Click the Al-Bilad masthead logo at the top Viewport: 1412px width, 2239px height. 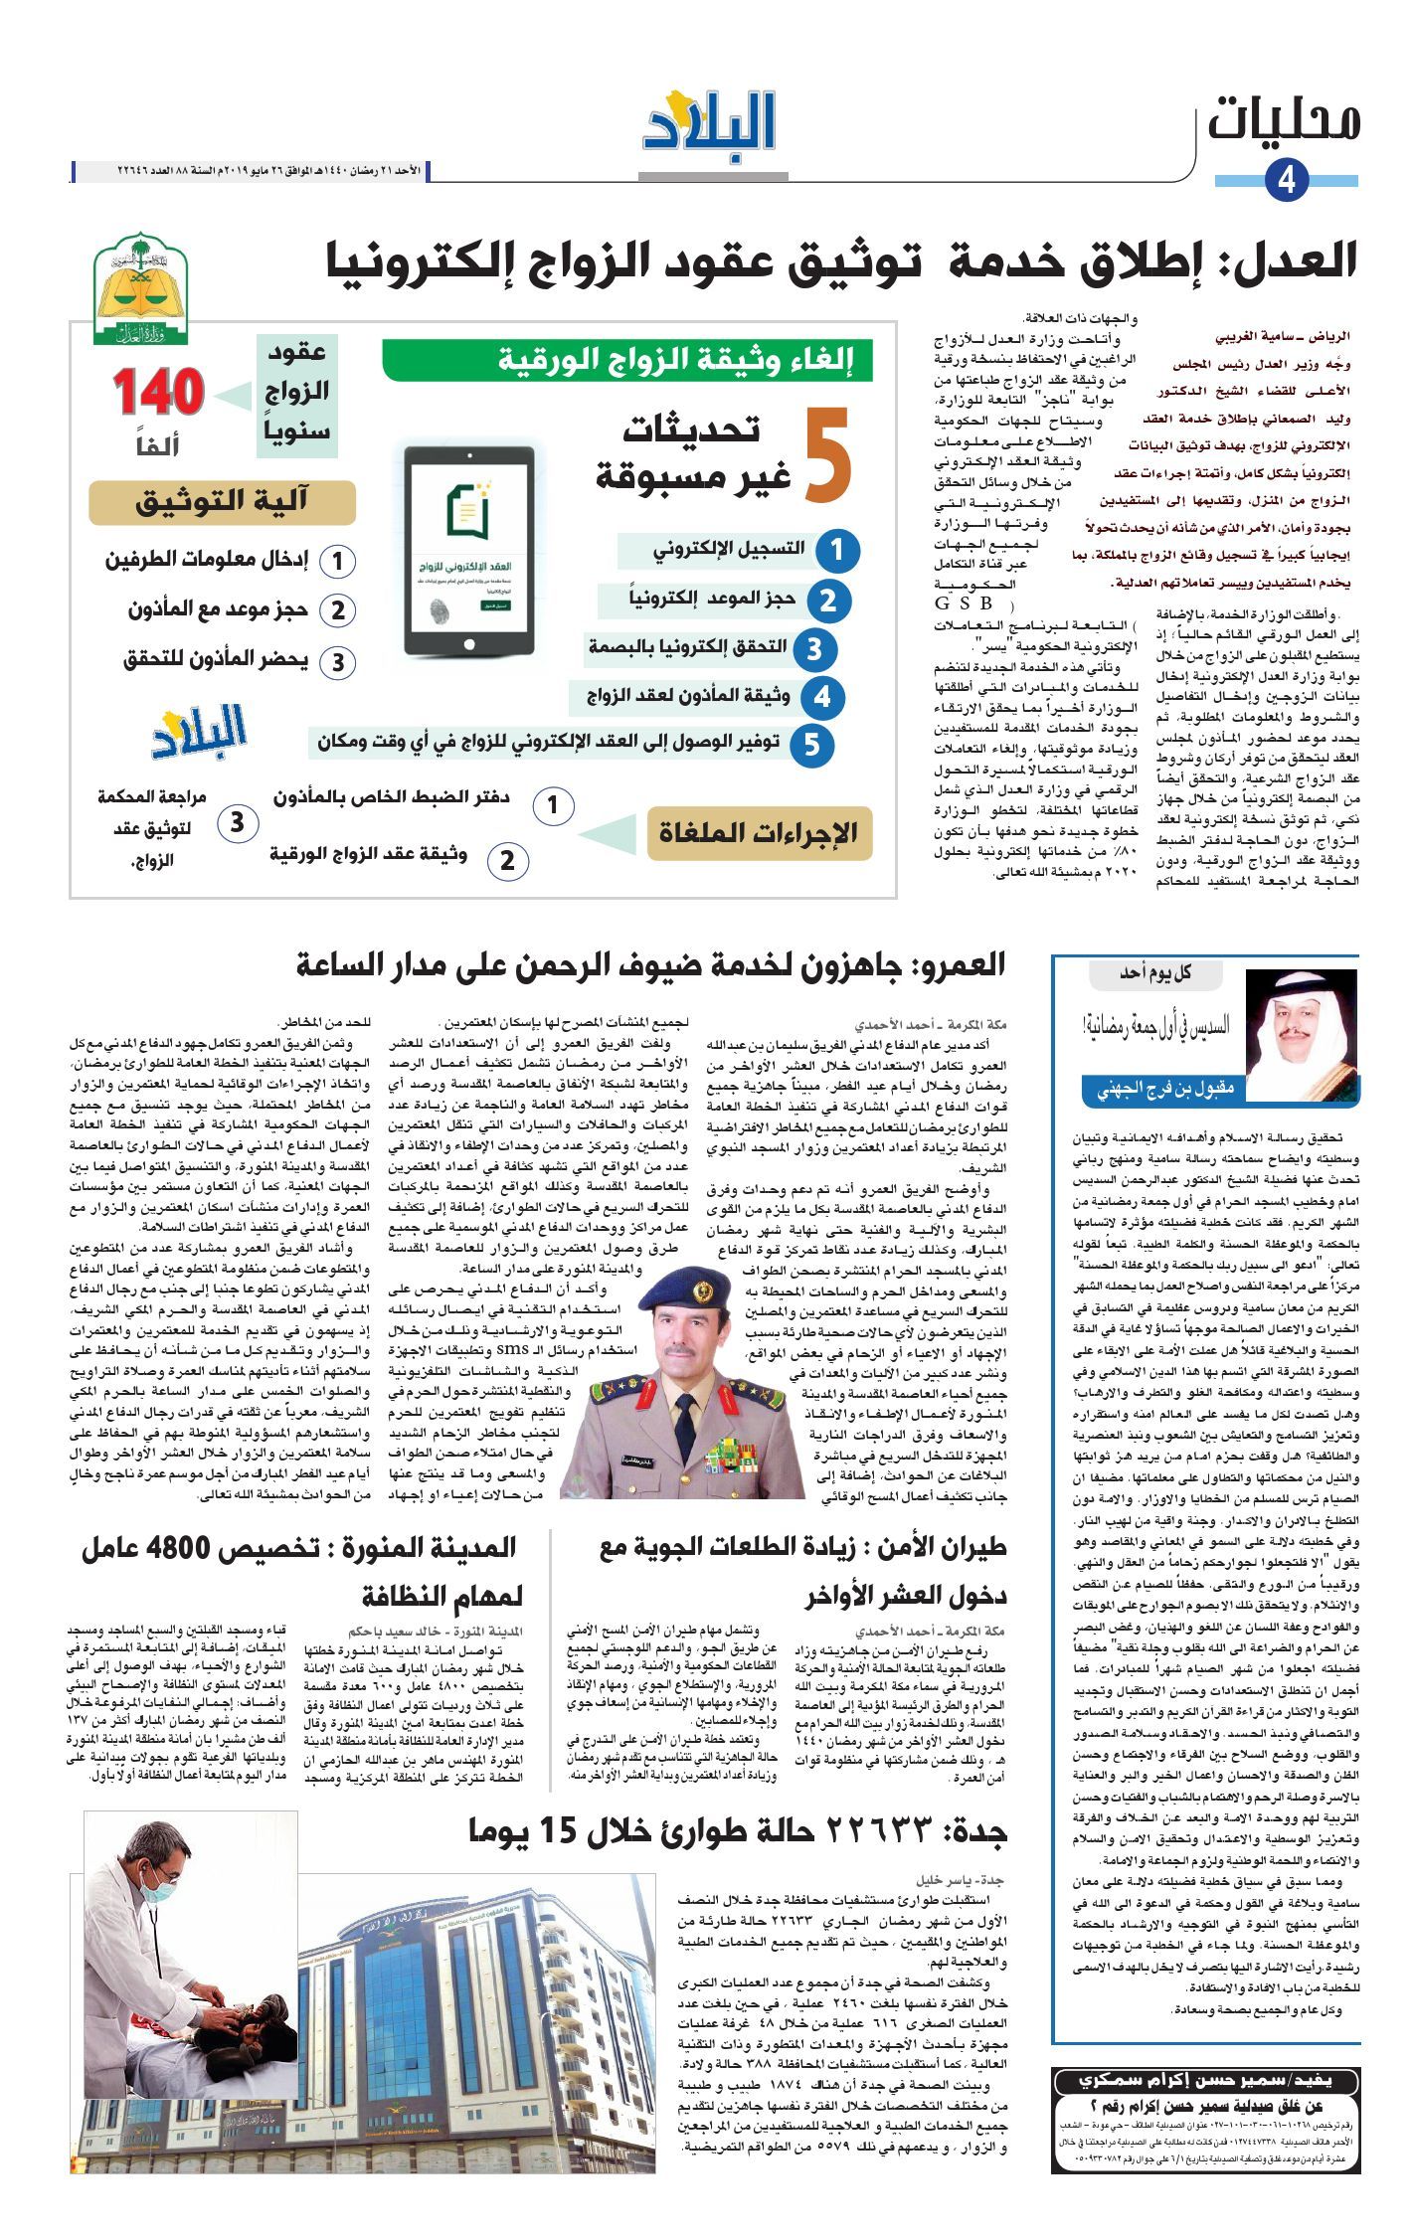[710, 124]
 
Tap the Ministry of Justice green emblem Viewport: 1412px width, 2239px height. [126, 288]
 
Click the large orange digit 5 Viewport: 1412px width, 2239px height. [827, 456]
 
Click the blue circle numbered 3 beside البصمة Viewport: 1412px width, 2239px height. [813, 648]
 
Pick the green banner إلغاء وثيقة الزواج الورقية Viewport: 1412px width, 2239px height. [627, 361]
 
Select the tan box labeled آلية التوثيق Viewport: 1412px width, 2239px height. [222, 502]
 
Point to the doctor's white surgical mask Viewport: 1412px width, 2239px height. [158, 1888]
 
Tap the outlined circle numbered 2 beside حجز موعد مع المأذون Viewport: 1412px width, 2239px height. [337, 610]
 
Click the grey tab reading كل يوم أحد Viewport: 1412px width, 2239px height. [1154, 974]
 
